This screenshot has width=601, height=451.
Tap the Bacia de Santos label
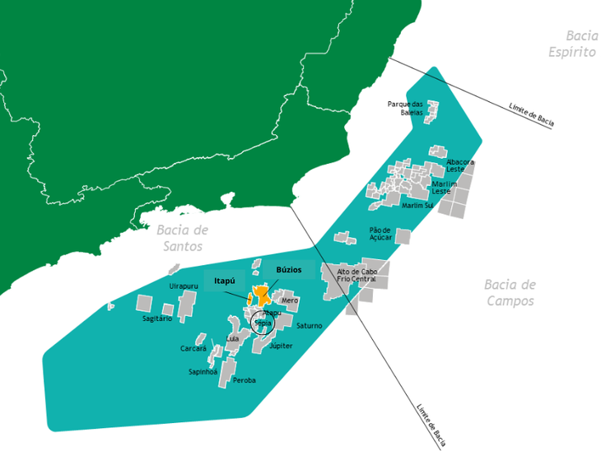click(x=182, y=238)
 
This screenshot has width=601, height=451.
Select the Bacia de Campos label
click(x=510, y=292)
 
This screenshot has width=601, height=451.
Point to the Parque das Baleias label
click(x=405, y=108)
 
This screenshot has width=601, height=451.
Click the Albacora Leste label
click(x=459, y=165)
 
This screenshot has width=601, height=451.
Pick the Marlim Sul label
click(x=417, y=205)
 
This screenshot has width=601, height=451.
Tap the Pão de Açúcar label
click(x=380, y=234)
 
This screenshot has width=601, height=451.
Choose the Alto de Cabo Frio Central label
click(x=356, y=276)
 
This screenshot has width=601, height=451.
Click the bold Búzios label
click(x=289, y=269)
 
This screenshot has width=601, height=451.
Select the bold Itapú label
click(x=224, y=281)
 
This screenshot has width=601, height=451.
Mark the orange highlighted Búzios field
click(x=263, y=295)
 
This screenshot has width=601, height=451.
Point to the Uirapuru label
click(x=184, y=286)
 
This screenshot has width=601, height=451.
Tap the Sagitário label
click(x=157, y=318)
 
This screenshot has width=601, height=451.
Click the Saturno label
click(x=310, y=326)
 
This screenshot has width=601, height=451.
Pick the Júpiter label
click(x=281, y=346)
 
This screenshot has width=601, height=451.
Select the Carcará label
click(x=193, y=349)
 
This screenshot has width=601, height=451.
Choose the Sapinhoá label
click(x=203, y=372)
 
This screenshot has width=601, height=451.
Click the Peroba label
click(x=245, y=380)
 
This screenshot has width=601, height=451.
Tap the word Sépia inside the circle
click(x=263, y=323)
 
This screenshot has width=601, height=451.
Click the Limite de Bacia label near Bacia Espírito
click(x=531, y=116)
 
